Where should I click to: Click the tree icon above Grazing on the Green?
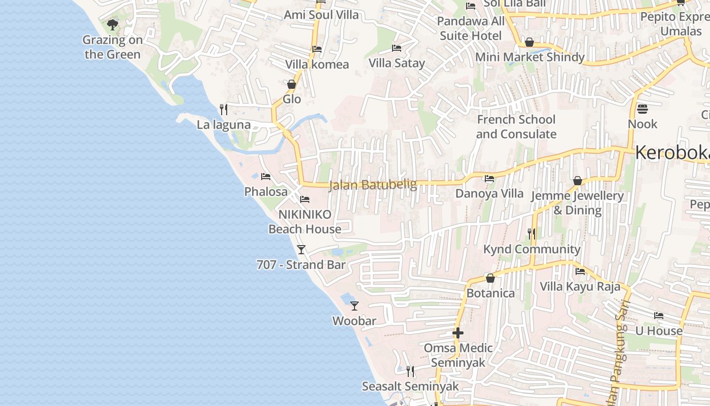tap(113, 24)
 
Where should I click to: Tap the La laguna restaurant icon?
tap(223, 109)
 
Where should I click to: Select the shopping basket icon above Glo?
tap(292, 84)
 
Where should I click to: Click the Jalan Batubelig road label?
tap(373, 185)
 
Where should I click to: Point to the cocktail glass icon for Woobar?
tap(354, 306)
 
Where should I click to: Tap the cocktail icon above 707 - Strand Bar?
tap(301, 249)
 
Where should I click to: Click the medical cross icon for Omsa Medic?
tap(458, 333)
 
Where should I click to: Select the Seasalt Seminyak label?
tap(410, 386)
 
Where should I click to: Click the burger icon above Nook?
tap(642, 109)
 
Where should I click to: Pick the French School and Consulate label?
tap(516, 127)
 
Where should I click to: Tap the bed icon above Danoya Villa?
tap(489, 179)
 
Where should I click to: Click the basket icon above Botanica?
tap(490, 278)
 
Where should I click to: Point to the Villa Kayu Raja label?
tap(580, 286)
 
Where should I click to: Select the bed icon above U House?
tap(659, 316)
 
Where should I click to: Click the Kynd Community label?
tap(531, 249)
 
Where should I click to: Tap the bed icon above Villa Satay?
tap(397, 48)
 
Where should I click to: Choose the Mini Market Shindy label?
tap(529, 57)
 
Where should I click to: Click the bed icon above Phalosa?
tap(266, 177)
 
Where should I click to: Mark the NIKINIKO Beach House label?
tap(305, 222)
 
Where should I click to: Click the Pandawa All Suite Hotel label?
tap(471, 28)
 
